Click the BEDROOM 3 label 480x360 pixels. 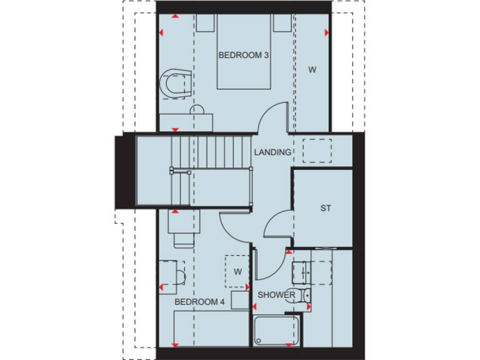pyautogui.click(x=243, y=55)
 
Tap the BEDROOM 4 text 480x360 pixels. pyautogui.click(x=199, y=302)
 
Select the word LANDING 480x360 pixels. pyautogui.click(x=272, y=152)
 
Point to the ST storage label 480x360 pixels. pyautogui.click(x=325, y=208)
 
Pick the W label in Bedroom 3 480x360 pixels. pyautogui.click(x=311, y=70)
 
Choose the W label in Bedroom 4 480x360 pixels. pyautogui.click(x=237, y=271)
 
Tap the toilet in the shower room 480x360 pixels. pyautogui.click(x=304, y=296)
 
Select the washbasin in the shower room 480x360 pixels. pyautogui.click(x=303, y=272)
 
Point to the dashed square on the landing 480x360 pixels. pyautogui.click(x=317, y=151)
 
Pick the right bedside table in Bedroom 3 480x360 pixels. pyautogui.click(x=281, y=24)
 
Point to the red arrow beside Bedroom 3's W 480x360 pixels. pyautogui.click(x=326, y=32)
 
